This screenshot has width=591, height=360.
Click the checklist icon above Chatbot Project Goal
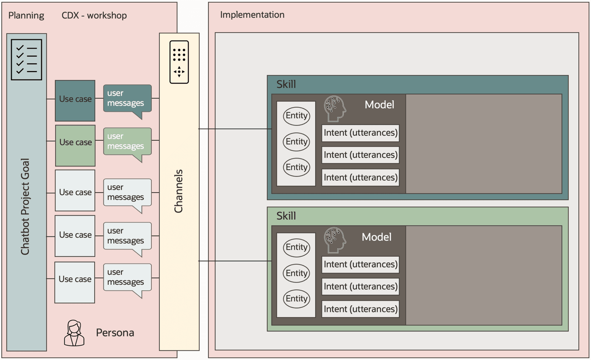click(x=27, y=60)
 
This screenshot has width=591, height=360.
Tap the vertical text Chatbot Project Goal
click(x=25, y=206)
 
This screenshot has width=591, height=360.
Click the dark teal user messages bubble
click(x=127, y=98)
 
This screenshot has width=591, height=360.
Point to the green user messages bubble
click(x=127, y=141)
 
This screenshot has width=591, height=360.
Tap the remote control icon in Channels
click(x=179, y=62)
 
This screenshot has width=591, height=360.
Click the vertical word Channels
click(x=179, y=191)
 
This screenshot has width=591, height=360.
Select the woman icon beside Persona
click(x=74, y=333)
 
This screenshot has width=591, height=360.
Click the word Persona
click(x=115, y=333)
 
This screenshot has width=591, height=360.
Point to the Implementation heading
click(x=252, y=15)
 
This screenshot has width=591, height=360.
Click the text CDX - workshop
click(x=94, y=16)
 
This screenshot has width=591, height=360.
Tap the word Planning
click(x=26, y=16)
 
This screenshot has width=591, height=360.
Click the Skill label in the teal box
click(x=286, y=85)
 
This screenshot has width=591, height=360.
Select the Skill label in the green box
click(x=286, y=216)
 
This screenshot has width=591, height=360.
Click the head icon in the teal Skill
click(x=335, y=108)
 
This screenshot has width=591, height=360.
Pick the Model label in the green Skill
click(x=376, y=237)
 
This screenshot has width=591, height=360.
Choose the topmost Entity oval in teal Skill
click(x=297, y=116)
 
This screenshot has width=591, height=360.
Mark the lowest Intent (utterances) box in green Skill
click(x=360, y=309)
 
